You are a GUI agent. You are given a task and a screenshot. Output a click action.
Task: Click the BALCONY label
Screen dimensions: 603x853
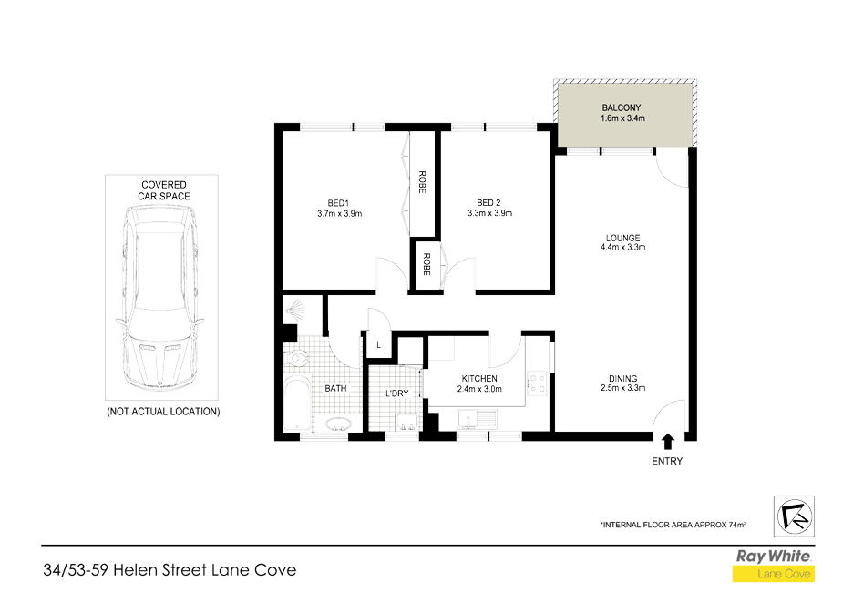(626, 107)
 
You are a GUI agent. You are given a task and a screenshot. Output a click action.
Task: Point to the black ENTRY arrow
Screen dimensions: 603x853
(667, 442)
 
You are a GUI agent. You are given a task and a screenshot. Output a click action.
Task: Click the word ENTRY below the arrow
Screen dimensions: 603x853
(667, 461)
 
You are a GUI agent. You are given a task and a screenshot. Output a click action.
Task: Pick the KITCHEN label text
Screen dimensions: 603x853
(479, 379)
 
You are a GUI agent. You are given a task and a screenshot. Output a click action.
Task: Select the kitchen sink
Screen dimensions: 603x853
(476, 419)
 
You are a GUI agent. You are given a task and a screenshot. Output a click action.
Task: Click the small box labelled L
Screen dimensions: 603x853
(378, 345)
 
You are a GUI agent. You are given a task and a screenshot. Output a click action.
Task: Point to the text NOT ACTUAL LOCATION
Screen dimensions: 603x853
(164, 411)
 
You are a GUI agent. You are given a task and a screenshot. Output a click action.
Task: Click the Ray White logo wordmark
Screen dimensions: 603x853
(773, 556)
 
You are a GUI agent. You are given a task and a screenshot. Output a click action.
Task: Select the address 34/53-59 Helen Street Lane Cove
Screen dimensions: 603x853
(170, 571)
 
